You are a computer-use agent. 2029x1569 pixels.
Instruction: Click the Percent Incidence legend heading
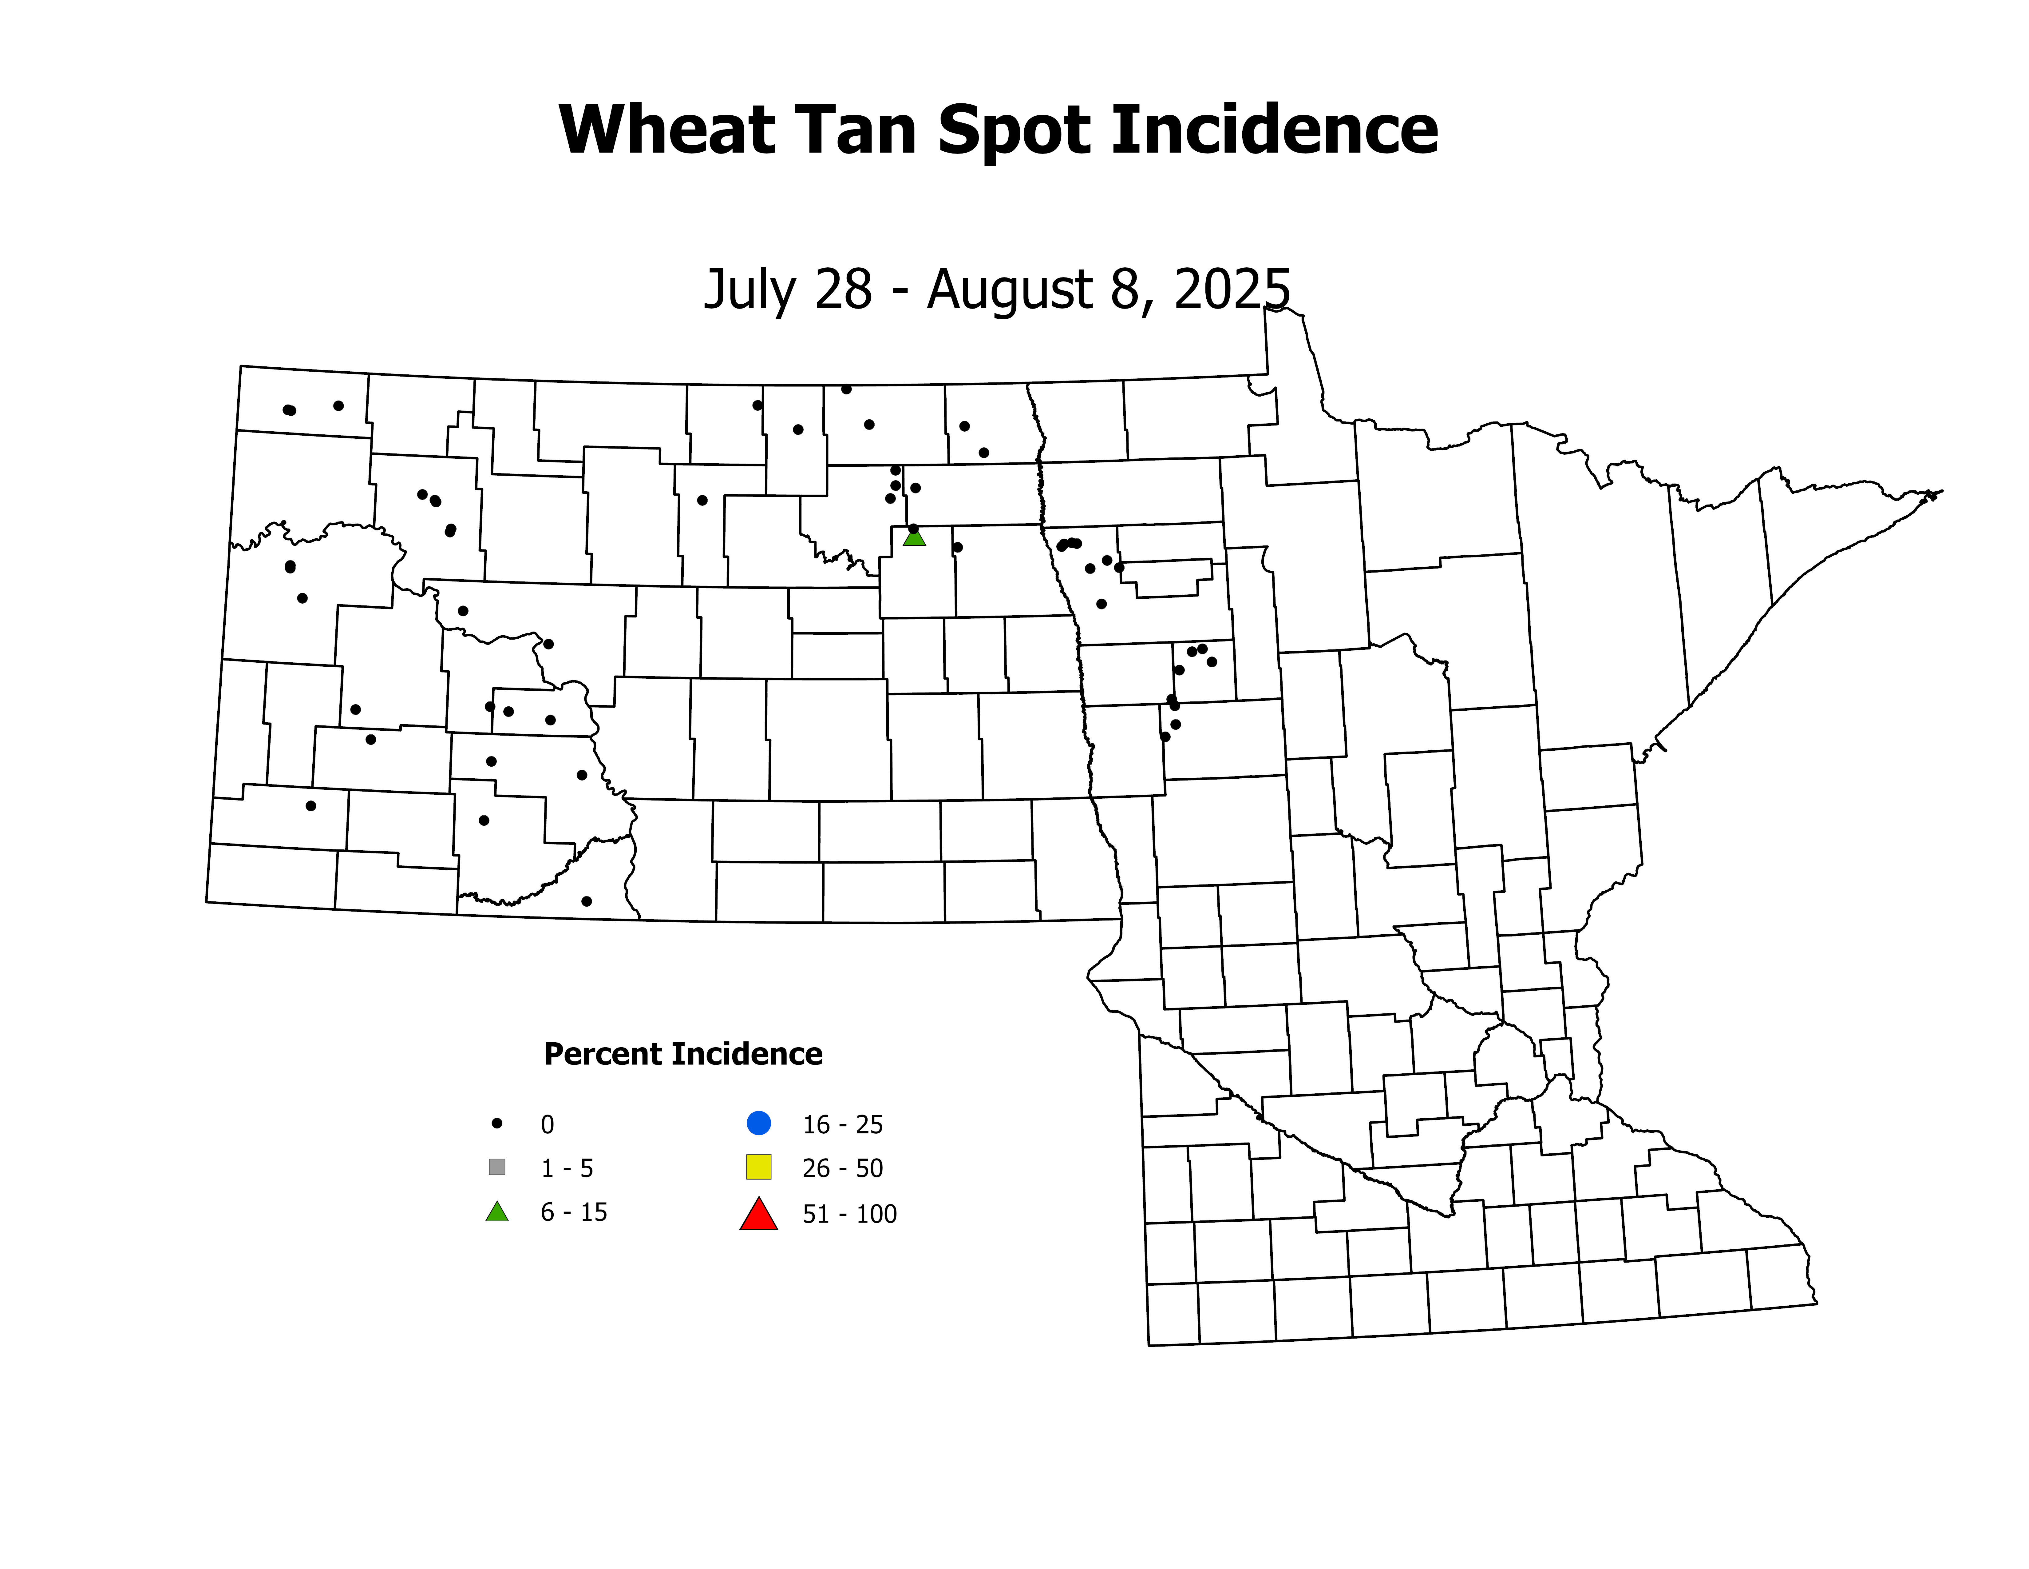click(x=683, y=1054)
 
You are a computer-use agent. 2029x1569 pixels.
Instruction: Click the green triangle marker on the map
click(x=914, y=537)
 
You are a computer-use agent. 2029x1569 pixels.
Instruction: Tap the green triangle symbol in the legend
click(x=497, y=1212)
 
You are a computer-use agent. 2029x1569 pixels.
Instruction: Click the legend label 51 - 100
click(x=849, y=1214)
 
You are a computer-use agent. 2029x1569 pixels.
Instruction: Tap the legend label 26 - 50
click(x=842, y=1168)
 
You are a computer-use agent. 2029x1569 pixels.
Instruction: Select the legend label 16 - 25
click(x=842, y=1125)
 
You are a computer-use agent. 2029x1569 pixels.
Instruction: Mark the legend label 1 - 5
click(x=567, y=1168)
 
